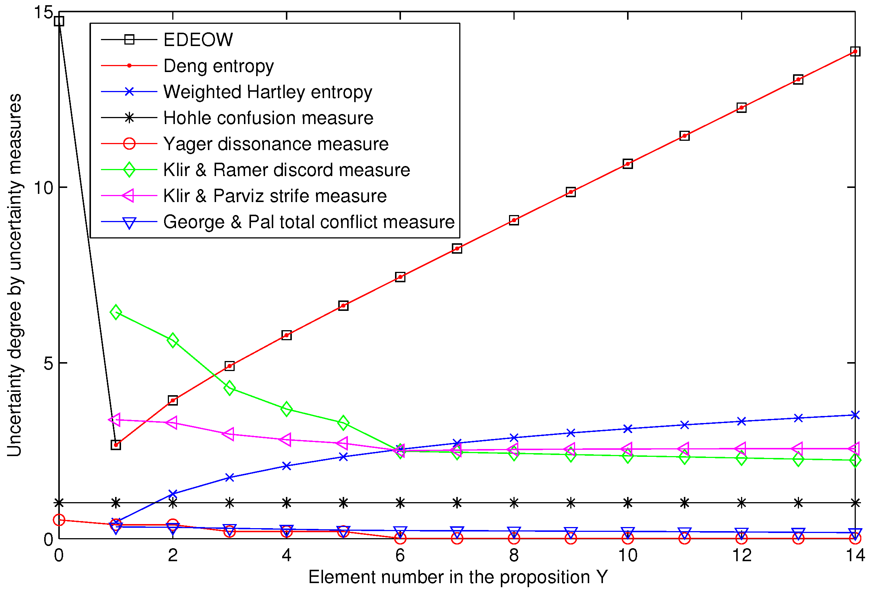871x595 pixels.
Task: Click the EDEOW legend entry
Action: (198, 40)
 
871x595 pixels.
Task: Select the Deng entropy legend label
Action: (219, 66)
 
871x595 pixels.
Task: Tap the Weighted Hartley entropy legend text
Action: (268, 92)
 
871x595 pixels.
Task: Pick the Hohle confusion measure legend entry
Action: (268, 118)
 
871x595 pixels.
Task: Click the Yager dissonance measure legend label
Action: (276, 144)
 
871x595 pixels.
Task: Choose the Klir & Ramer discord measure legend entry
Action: (287, 170)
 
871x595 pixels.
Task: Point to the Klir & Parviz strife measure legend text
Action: (275, 196)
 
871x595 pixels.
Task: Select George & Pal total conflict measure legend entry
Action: (309, 222)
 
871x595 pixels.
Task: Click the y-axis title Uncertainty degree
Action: (15, 276)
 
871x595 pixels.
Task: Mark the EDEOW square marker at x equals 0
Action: (59, 21)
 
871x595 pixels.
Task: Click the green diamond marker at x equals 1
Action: (116, 312)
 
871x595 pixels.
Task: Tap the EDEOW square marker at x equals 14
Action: (855, 52)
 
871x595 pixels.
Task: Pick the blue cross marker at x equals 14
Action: (855, 415)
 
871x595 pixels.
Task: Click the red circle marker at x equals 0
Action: (59, 520)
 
